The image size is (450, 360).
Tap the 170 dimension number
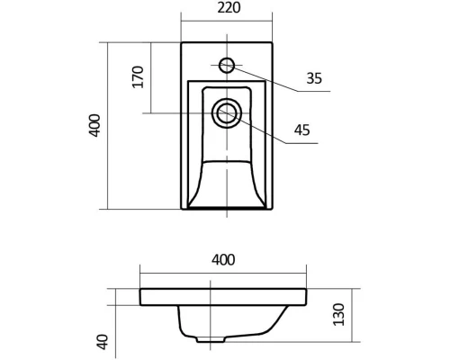coord(138,76)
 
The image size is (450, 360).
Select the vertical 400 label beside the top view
coord(94,126)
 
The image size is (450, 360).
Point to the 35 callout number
coord(314,78)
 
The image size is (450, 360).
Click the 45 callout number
coord(301,130)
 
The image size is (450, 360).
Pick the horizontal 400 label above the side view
coord(223,260)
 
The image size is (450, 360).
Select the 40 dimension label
coord(102,342)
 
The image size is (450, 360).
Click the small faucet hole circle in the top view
coord(226,65)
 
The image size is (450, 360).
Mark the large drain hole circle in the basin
coord(225,113)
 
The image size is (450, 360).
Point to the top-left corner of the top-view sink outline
coord(182,41)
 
